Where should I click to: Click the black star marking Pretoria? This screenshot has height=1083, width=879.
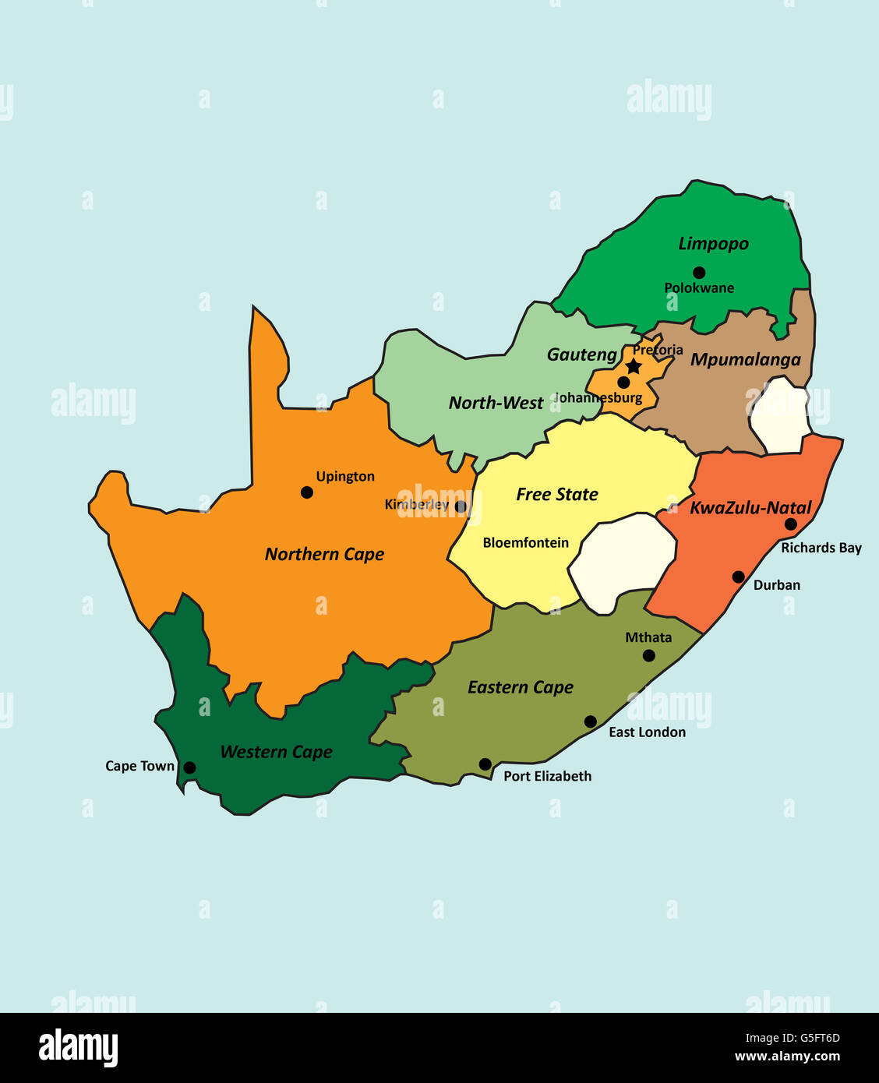pyautogui.click(x=634, y=366)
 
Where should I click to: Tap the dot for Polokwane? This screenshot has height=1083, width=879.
pyautogui.click(x=699, y=273)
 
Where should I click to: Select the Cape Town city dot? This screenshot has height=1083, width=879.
pyautogui.click(x=189, y=767)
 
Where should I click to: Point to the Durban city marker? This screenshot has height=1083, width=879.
pyautogui.click(x=738, y=577)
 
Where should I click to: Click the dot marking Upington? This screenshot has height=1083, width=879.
pyautogui.click(x=307, y=492)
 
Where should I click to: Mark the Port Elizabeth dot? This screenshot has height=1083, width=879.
pyautogui.click(x=485, y=764)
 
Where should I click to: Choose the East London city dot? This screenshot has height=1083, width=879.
pyautogui.click(x=591, y=721)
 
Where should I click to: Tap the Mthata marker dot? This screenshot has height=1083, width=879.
pyautogui.click(x=648, y=655)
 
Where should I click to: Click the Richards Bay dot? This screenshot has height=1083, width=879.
pyautogui.click(x=790, y=524)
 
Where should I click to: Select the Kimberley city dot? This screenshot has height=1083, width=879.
pyautogui.click(x=461, y=506)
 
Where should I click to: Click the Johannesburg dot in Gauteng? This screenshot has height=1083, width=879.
pyautogui.click(x=623, y=383)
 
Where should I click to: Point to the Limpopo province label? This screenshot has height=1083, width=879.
pyautogui.click(x=713, y=244)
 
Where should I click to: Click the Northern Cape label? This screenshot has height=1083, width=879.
pyautogui.click(x=324, y=554)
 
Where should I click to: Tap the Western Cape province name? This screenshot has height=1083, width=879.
pyautogui.click(x=276, y=752)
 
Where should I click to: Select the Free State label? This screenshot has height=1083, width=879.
pyautogui.click(x=556, y=494)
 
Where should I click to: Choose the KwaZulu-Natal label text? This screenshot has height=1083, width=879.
pyautogui.click(x=750, y=508)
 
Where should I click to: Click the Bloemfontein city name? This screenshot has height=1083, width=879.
pyautogui.click(x=525, y=543)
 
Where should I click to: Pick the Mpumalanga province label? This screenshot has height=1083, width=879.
pyautogui.click(x=745, y=359)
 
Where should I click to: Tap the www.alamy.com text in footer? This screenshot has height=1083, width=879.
pyautogui.click(x=787, y=1057)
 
